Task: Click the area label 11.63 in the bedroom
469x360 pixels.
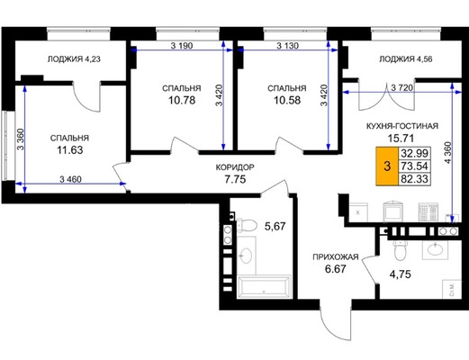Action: [x=70, y=149]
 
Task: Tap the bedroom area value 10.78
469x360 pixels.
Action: [x=182, y=100]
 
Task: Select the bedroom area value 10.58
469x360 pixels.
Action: [x=287, y=100]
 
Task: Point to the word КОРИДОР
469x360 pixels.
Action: [x=235, y=167]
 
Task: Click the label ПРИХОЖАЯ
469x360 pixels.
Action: [x=336, y=257]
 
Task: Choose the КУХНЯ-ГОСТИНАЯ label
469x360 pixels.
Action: [x=402, y=126]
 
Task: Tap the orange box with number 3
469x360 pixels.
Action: [x=387, y=166]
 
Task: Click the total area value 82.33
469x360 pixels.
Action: [x=414, y=179]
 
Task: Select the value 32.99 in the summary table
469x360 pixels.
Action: [x=414, y=153]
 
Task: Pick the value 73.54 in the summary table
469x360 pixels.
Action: [x=414, y=166]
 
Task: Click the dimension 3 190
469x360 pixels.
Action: [x=182, y=46]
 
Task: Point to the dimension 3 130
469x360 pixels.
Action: [x=287, y=46]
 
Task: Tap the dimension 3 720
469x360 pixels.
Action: [x=402, y=88]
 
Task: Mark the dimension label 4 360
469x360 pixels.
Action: [x=447, y=152]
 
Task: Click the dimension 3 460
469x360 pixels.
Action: [x=70, y=179]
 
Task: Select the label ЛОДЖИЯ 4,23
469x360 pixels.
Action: [x=74, y=59]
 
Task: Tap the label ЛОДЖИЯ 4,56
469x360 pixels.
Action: [x=406, y=59]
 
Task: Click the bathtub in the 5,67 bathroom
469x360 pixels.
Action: [x=264, y=286]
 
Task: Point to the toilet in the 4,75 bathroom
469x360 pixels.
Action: [x=400, y=250]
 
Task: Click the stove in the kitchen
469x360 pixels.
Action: [x=428, y=212]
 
